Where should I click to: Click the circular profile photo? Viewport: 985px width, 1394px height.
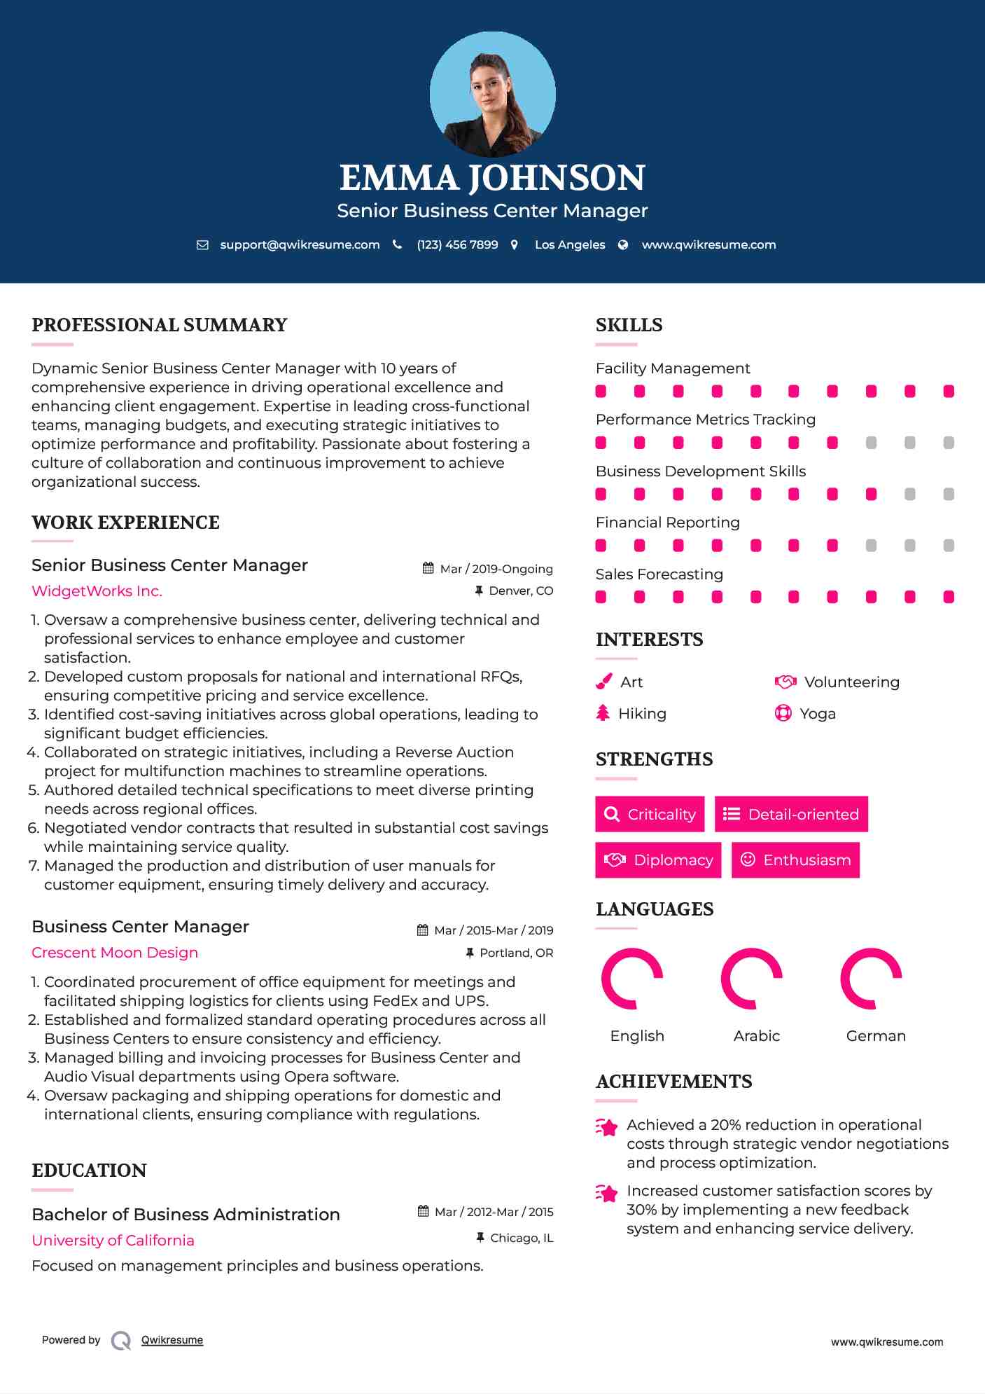tap(492, 94)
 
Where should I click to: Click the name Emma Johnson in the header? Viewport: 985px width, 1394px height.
tap(492, 178)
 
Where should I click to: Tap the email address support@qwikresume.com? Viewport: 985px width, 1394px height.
tap(300, 244)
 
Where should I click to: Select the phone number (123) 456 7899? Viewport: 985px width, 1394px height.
tap(457, 244)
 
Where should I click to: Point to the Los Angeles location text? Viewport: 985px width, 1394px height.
tap(570, 244)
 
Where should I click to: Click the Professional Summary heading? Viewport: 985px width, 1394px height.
tap(160, 325)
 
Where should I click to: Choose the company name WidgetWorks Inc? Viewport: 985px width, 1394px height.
tap(97, 591)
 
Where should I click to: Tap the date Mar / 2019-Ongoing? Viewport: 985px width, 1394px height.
tap(496, 569)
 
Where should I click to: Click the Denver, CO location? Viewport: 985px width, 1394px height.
tap(521, 591)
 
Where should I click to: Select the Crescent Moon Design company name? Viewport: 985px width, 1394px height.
tap(115, 953)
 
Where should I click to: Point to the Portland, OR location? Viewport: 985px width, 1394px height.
tap(516, 953)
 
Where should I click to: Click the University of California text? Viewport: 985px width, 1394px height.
tap(113, 1241)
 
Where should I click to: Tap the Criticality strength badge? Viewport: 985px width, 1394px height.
tap(650, 814)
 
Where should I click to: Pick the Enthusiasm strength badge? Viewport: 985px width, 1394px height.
tap(795, 860)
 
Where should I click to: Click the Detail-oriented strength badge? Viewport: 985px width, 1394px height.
tap(791, 814)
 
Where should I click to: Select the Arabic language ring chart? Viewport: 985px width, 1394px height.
tap(751, 979)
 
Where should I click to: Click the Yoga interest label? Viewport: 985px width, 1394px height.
tap(818, 714)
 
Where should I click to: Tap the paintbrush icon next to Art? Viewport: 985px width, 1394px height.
tap(603, 682)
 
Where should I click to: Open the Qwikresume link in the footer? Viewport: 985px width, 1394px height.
tap(172, 1340)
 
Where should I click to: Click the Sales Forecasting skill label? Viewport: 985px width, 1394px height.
tap(659, 574)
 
